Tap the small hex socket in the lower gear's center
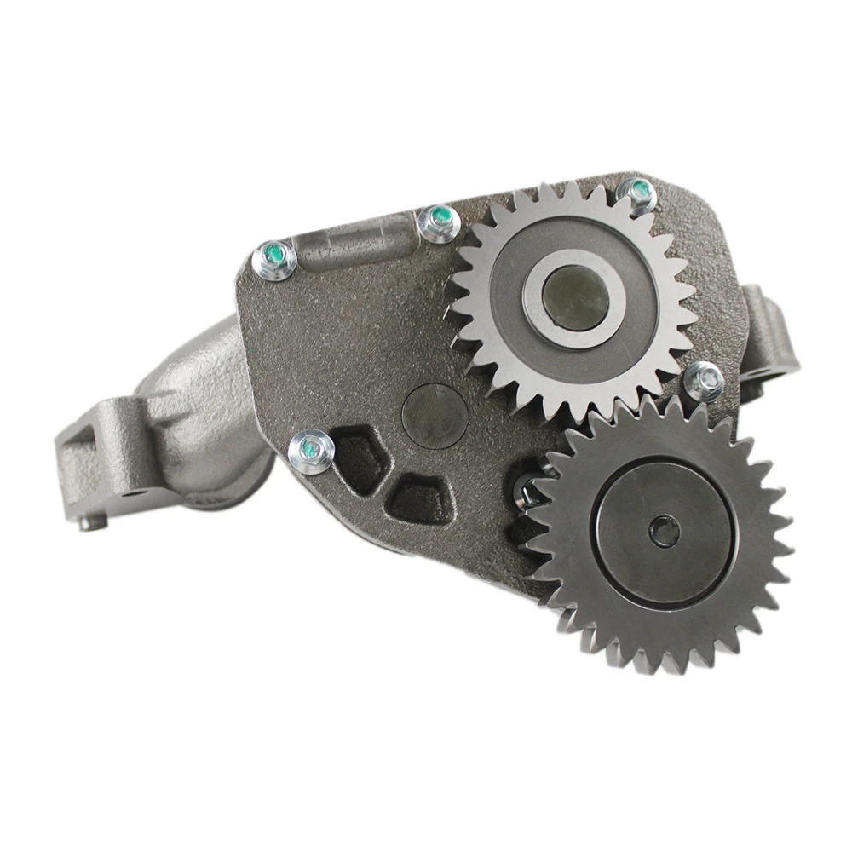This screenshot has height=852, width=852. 664,532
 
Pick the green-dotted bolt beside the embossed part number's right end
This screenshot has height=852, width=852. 440,222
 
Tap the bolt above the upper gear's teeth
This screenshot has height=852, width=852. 636,194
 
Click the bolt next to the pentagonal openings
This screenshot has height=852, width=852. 310,450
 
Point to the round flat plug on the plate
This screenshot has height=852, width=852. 435,415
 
